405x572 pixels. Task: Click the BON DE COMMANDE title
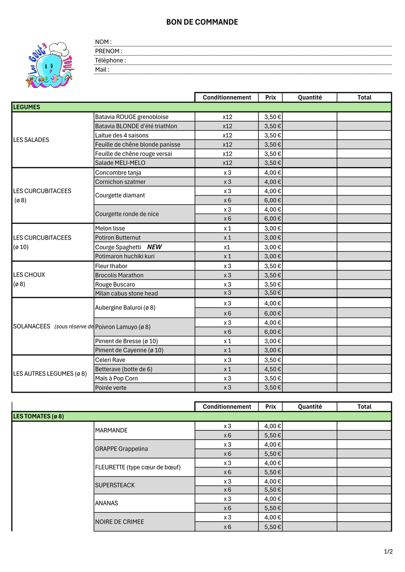202,22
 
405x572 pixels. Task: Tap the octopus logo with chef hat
49,65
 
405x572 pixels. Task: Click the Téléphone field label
110,60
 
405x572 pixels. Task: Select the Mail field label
102,70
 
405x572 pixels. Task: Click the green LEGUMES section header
27,107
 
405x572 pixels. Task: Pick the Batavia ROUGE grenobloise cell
132,117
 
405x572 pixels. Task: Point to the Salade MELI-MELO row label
120,163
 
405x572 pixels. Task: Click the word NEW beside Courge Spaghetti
154,247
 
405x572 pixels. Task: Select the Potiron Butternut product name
118,237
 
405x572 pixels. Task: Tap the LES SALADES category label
31,140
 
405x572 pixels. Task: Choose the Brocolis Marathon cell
119,275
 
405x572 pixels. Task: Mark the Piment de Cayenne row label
129,350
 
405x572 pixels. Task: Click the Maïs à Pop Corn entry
117,378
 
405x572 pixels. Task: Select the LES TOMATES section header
38,416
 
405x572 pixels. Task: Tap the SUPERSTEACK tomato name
115,485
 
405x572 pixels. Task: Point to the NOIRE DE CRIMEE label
120,522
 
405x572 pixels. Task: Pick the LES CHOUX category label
29,275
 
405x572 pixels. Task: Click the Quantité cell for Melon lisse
310,228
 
